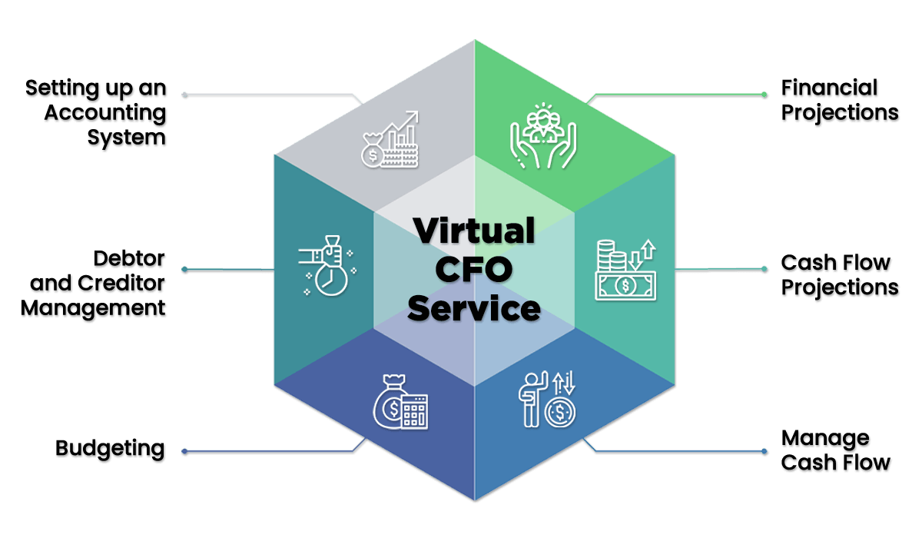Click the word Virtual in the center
(474, 231)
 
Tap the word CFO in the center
(474, 271)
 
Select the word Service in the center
(474, 309)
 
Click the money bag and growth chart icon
(390, 139)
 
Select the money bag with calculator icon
(400, 402)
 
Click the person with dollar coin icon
(548, 400)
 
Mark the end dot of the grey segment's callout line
(184, 95)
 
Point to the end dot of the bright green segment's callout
(764, 95)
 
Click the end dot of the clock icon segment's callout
(184, 269)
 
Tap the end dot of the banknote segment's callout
(764, 269)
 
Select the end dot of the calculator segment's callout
(184, 450)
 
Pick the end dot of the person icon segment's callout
(764, 450)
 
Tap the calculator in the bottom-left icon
(415, 412)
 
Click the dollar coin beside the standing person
(560, 412)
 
